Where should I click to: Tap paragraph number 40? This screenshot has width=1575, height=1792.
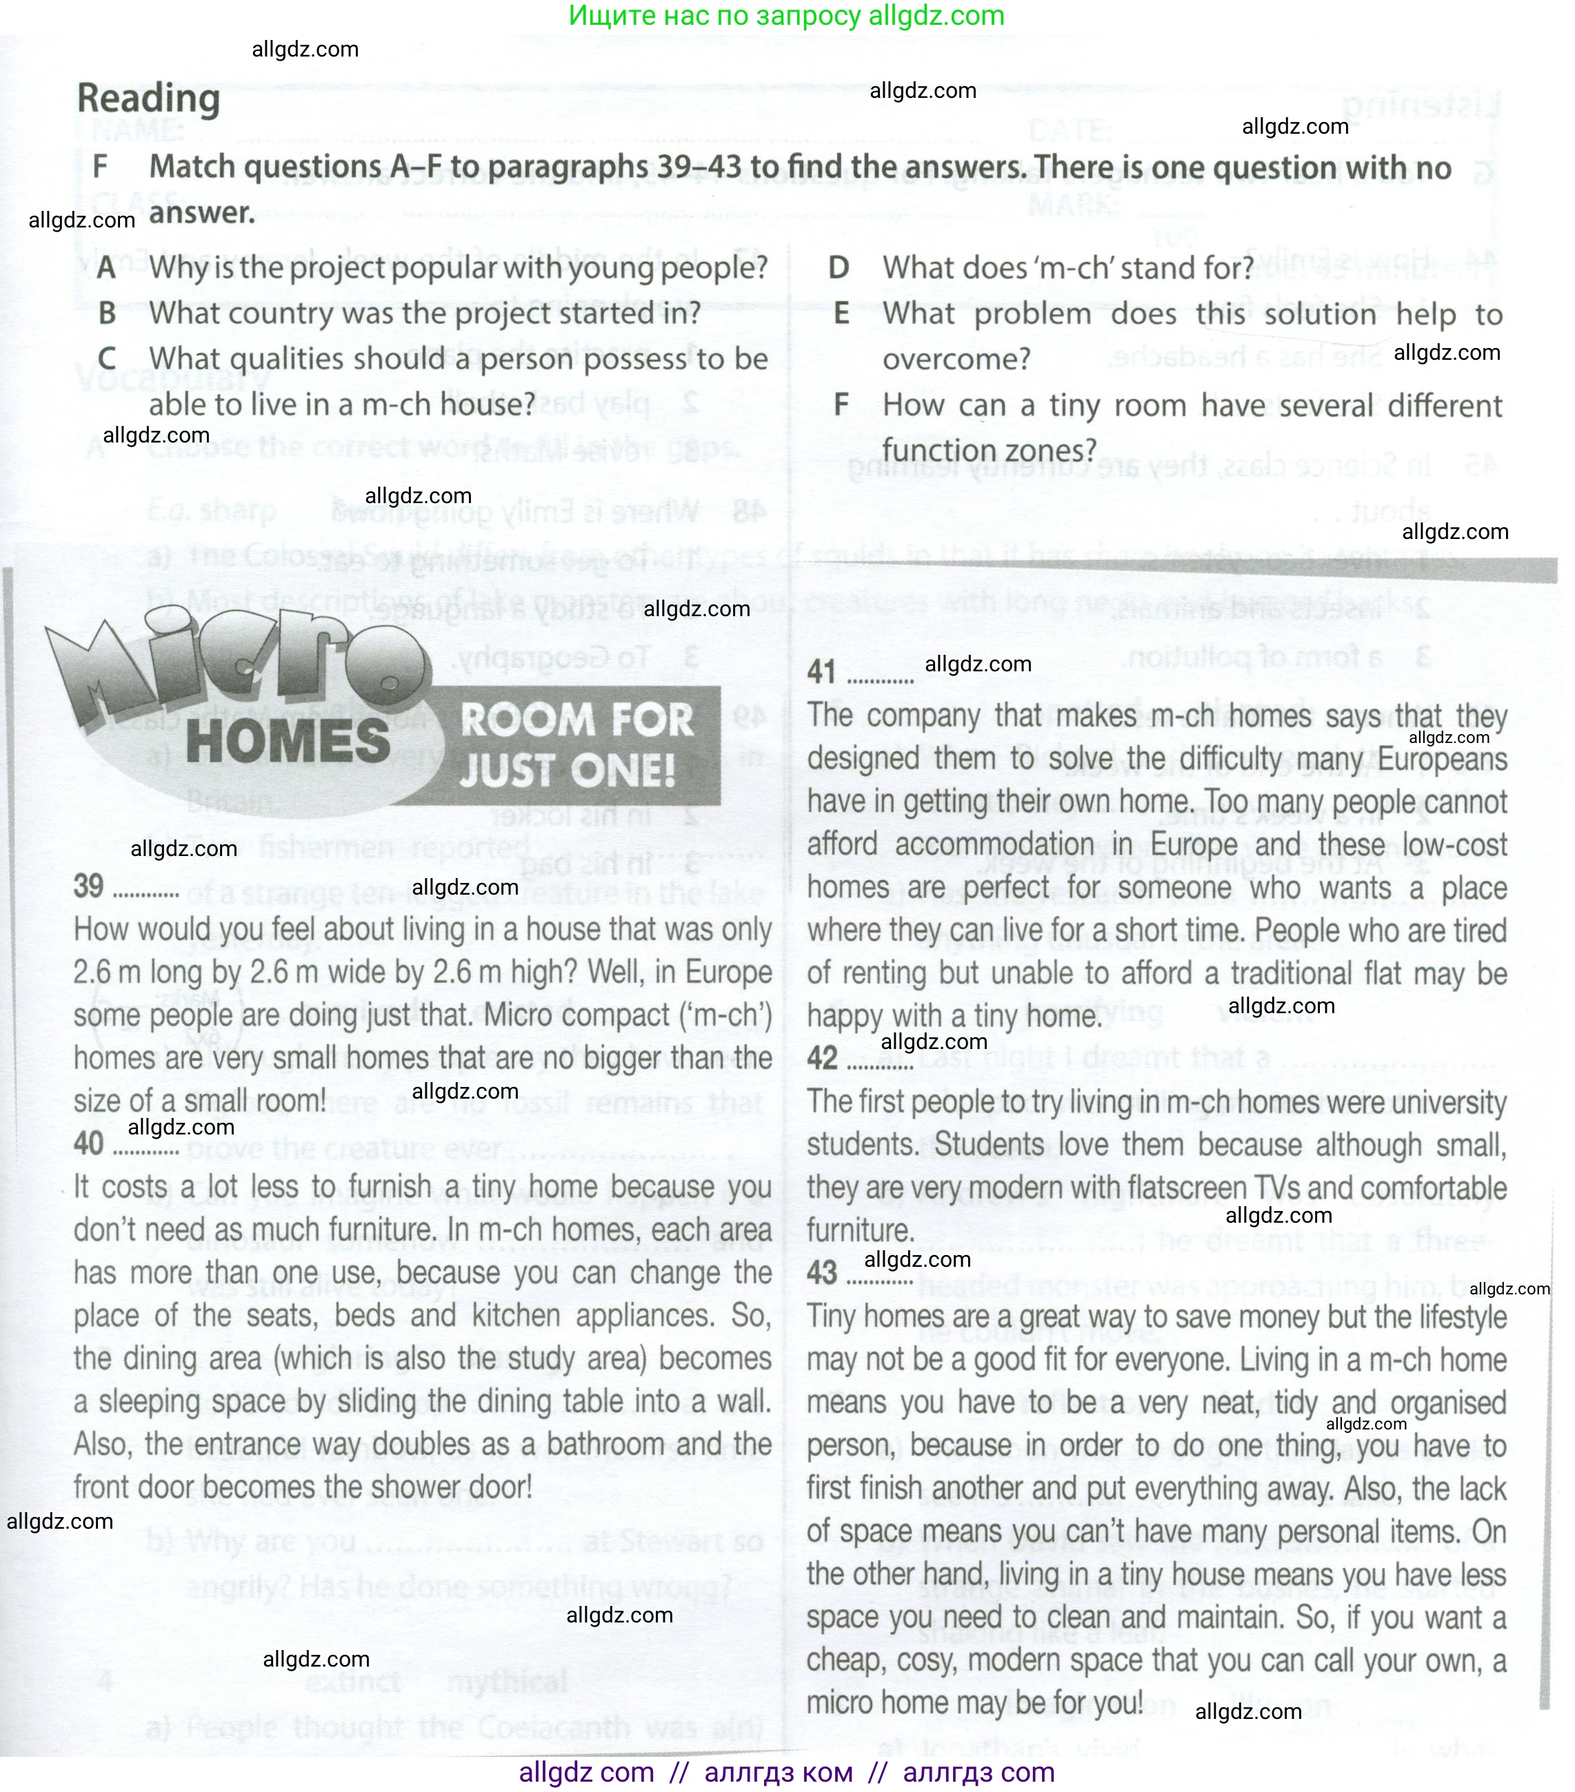(x=88, y=1143)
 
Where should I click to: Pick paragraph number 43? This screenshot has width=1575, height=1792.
(x=822, y=1273)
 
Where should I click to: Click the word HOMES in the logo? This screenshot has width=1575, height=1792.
(x=288, y=741)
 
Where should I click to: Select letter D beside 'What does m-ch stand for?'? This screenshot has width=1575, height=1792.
(x=839, y=267)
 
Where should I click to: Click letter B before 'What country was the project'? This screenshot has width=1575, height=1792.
(x=107, y=313)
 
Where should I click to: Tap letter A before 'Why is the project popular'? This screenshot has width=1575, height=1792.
(x=106, y=267)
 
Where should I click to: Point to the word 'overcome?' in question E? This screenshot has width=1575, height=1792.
(x=956, y=360)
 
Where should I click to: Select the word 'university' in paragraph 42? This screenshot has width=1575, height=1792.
(x=1443, y=1102)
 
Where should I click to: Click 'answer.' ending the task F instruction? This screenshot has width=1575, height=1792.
(x=201, y=213)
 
